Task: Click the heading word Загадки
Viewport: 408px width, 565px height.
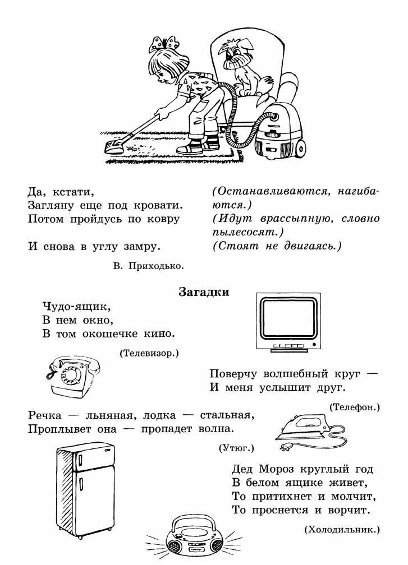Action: (204, 292)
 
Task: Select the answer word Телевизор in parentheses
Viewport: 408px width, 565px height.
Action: (149, 353)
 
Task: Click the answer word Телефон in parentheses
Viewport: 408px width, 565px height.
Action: (355, 407)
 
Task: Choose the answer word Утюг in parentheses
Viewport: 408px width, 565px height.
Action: (236, 448)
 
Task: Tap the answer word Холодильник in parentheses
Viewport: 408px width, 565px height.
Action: (342, 529)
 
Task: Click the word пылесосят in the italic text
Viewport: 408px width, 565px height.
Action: (245, 231)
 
